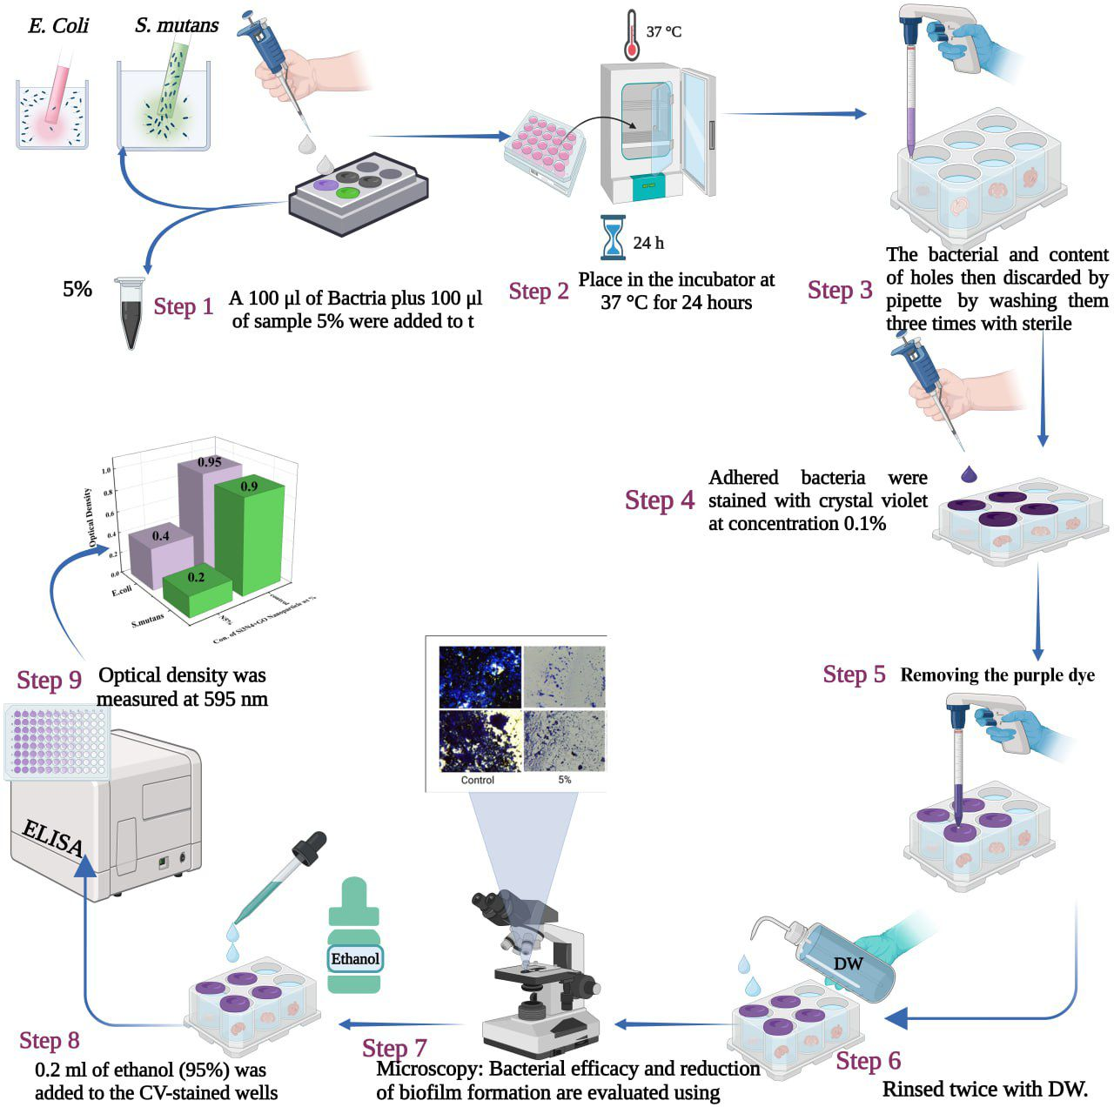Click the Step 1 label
tap(183, 306)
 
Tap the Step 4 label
tap(660, 500)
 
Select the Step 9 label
tap(50, 681)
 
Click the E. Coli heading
tap(58, 26)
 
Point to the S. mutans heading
tap(177, 25)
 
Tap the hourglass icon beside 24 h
tap(614, 238)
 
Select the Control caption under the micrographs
tap(477, 780)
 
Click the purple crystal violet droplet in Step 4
tap(968, 474)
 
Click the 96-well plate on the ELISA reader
tap(57, 741)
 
